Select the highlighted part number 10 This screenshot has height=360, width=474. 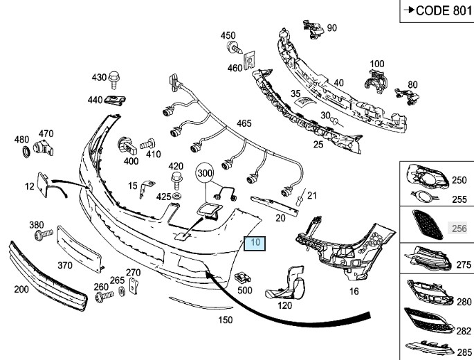pos(255,243)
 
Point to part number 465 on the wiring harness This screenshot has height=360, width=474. pos(244,124)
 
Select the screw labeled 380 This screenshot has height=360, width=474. pos(41,237)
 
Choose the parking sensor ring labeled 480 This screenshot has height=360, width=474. pos(26,150)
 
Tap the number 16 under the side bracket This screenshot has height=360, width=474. pos(354,291)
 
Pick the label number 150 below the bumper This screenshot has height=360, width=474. pos(226,320)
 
